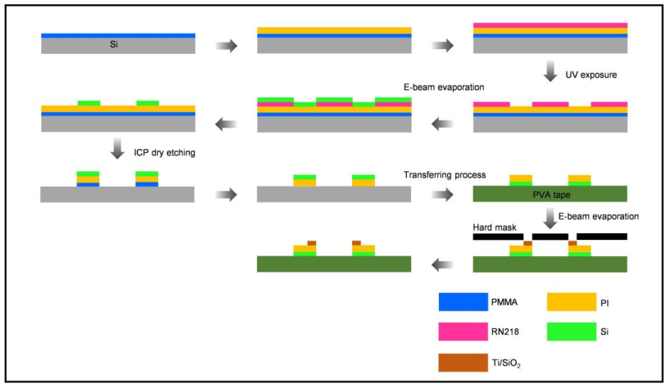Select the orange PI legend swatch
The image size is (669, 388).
coord(570,301)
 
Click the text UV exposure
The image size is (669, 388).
coord(592,74)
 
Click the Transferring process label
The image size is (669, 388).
coord(445,174)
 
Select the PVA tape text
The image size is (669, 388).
coord(549,194)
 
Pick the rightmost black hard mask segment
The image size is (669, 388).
coord(602,237)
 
